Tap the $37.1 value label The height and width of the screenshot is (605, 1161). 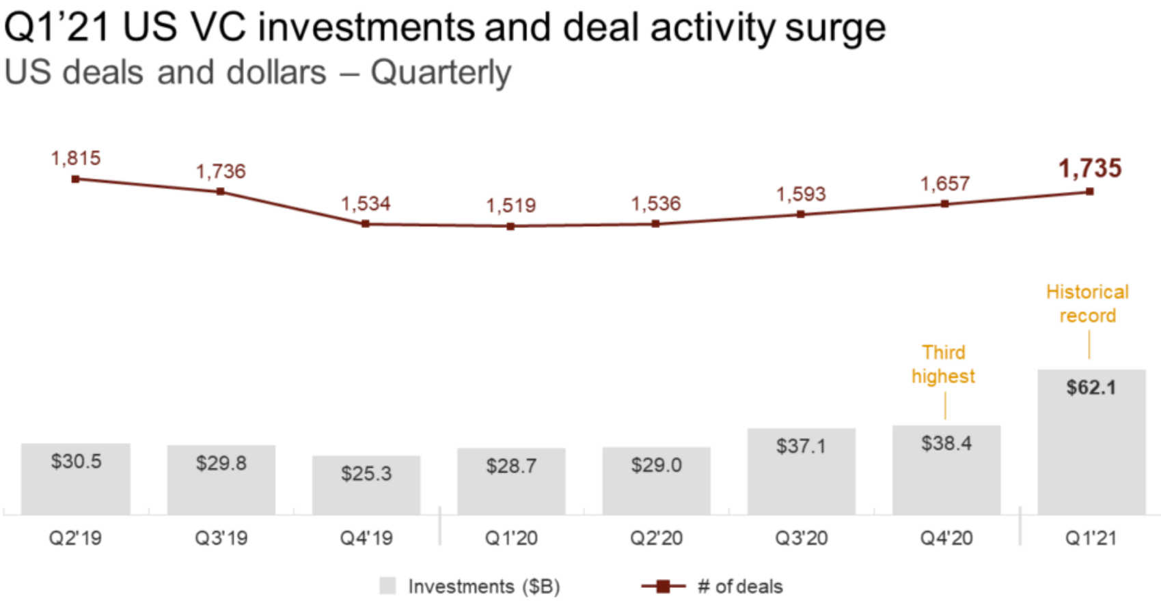tap(801, 447)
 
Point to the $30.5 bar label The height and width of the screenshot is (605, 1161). tap(76, 462)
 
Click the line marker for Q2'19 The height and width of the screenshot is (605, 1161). tap(75, 179)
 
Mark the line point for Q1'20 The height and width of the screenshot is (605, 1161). tap(510, 226)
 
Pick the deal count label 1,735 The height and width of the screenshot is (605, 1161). tap(1090, 169)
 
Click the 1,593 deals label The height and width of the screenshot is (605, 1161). tap(801, 195)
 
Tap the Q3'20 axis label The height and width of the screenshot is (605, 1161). tap(801, 538)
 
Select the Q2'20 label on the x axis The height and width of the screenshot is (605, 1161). tap(656, 538)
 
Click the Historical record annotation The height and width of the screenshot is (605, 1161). tap(1087, 304)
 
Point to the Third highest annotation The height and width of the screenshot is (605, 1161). tap(943, 364)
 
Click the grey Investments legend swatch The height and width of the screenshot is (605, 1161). tap(387, 586)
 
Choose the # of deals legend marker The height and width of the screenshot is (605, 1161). tap(662, 586)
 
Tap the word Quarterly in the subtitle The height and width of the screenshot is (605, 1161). tap(441, 73)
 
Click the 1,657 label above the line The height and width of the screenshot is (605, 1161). tap(945, 184)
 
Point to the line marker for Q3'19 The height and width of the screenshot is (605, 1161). tap(220, 192)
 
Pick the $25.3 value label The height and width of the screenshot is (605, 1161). tap(366, 473)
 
